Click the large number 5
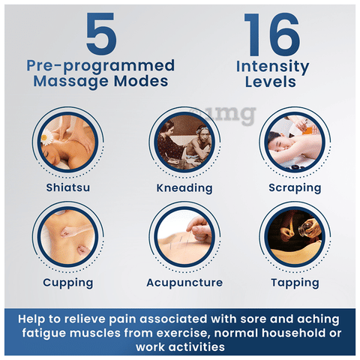101,34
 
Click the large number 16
272,34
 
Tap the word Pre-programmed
100,66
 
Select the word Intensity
272,67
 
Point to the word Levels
271,82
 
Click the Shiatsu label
68,187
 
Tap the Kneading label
184,188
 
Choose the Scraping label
295,188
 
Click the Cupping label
68,283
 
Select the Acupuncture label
184,283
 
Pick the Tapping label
295,283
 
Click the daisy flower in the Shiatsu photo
46,137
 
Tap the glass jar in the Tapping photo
304,229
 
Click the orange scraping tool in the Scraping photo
309,131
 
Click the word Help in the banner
32,319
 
